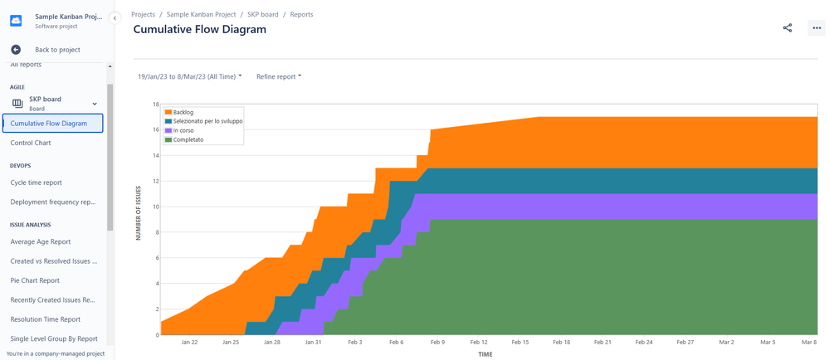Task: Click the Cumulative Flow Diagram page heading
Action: click(200, 30)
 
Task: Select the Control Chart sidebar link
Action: click(31, 143)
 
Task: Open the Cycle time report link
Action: click(36, 182)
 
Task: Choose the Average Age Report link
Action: click(40, 241)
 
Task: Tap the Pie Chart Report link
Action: click(35, 280)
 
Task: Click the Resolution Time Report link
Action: click(45, 319)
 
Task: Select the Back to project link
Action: click(56, 50)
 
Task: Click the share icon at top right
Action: click(788, 28)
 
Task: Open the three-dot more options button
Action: click(816, 28)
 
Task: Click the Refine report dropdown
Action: click(279, 76)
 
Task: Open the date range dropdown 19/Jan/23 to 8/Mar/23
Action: click(190, 76)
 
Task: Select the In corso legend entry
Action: click(183, 130)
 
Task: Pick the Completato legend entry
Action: click(188, 139)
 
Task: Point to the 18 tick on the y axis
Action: click(155, 105)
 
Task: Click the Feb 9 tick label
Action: click(437, 342)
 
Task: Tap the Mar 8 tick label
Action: click(810, 342)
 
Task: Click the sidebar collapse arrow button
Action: click(115, 17)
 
